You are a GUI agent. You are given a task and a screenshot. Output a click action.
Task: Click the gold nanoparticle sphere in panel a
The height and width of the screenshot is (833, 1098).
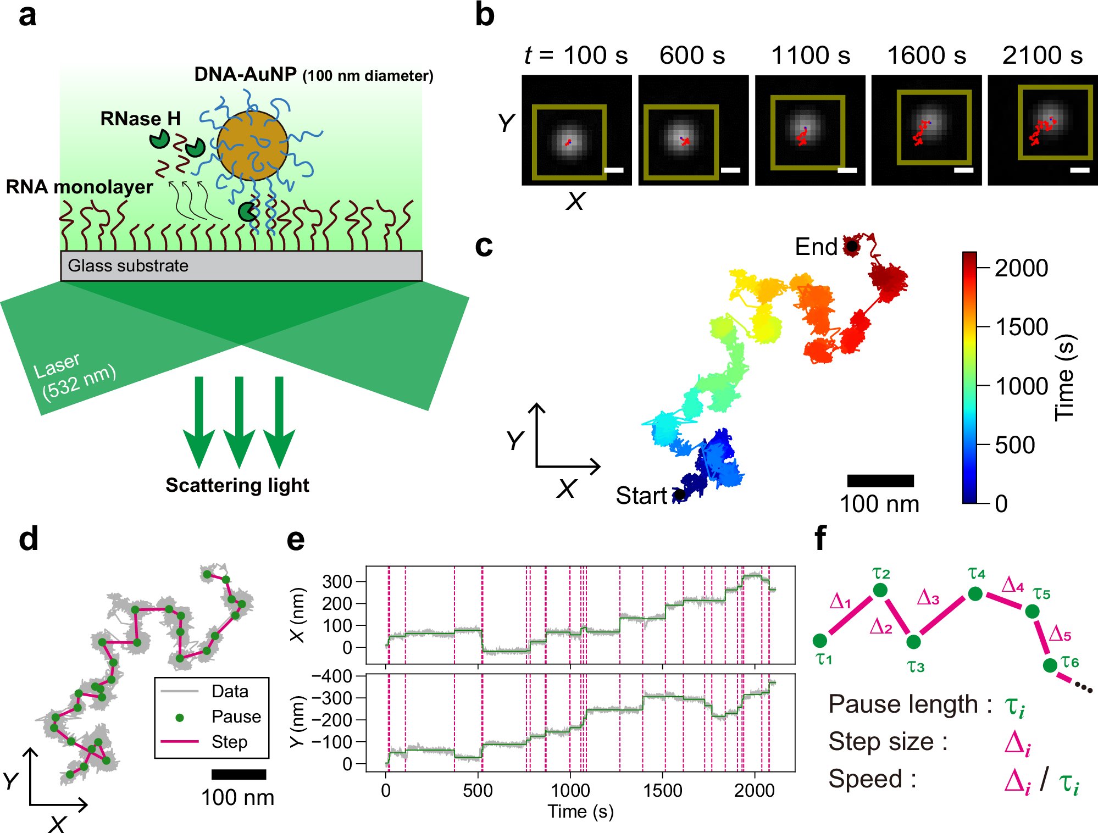pyautogui.click(x=252, y=146)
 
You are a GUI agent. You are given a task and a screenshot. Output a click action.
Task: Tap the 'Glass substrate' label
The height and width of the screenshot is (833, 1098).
pyautogui.click(x=128, y=266)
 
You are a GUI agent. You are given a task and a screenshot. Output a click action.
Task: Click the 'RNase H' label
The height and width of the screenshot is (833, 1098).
pyautogui.click(x=140, y=119)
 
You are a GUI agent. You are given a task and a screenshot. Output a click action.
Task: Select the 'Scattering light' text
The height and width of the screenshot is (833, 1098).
pyautogui.click(x=237, y=485)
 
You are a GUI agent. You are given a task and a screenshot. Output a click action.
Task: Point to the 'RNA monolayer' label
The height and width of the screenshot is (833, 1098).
pyautogui.click(x=79, y=187)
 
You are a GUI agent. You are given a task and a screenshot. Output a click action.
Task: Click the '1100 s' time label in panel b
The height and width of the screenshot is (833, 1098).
pyautogui.click(x=810, y=55)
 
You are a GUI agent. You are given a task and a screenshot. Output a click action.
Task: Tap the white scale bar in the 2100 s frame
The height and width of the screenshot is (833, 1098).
pyautogui.click(x=1079, y=170)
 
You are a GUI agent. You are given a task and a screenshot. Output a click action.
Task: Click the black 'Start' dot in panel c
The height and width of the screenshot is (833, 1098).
pyautogui.click(x=680, y=495)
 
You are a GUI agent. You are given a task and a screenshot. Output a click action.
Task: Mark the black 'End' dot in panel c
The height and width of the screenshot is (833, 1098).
pyautogui.click(x=851, y=246)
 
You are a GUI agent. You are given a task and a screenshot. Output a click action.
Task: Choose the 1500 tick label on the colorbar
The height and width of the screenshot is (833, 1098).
pyautogui.click(x=1022, y=327)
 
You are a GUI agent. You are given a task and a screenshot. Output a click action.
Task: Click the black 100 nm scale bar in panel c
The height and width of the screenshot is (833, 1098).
pyautogui.click(x=880, y=481)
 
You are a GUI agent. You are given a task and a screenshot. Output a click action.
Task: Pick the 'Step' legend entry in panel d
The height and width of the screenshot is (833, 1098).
pyautogui.click(x=229, y=742)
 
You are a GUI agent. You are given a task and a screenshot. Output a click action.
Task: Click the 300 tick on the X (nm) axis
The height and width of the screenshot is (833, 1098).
pyautogui.click(x=337, y=581)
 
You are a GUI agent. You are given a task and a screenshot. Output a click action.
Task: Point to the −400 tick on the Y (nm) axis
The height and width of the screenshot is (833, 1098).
pyautogui.click(x=332, y=676)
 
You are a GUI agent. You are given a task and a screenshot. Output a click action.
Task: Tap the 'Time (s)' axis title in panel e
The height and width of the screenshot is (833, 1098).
pyautogui.click(x=580, y=812)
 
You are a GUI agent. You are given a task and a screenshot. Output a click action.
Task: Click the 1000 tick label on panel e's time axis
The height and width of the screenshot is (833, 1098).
pyautogui.click(x=570, y=791)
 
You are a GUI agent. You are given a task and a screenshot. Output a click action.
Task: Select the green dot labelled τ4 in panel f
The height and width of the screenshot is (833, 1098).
pyautogui.click(x=975, y=593)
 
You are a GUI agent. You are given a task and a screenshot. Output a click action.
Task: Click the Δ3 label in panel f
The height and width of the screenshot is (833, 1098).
pyautogui.click(x=928, y=598)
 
